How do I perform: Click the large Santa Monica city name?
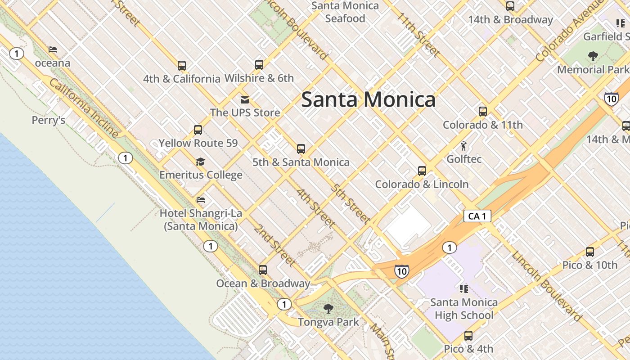(368, 99)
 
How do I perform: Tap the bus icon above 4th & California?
(182, 66)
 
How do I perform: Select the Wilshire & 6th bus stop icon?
(259, 64)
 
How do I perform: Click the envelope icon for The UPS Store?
(245, 99)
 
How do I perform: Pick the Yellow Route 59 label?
(198, 144)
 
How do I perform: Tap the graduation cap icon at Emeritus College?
(201, 162)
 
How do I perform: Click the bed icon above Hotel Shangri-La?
(201, 200)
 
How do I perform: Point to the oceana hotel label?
(53, 63)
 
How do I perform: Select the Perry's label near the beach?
(49, 120)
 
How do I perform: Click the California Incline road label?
(84, 108)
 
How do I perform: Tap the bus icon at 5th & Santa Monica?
(301, 149)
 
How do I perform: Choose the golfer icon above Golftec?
(463, 146)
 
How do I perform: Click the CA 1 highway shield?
(477, 216)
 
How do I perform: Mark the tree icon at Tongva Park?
(328, 309)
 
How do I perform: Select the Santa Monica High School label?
(464, 309)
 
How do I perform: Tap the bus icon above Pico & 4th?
(468, 336)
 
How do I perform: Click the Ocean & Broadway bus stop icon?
(263, 270)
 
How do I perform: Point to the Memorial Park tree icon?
(593, 56)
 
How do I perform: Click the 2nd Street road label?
(274, 245)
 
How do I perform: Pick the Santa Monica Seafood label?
(345, 12)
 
